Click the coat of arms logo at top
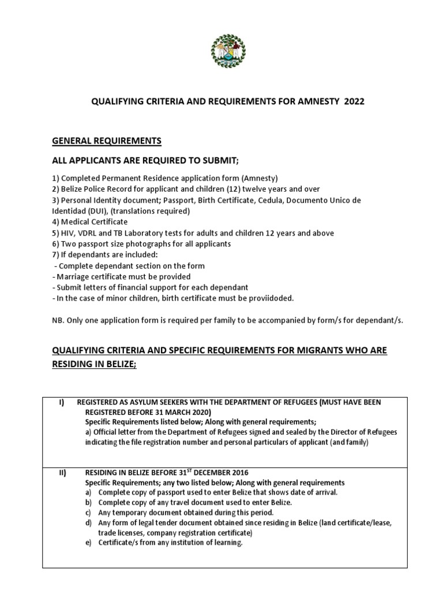(x=228, y=51)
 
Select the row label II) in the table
(x=62, y=473)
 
